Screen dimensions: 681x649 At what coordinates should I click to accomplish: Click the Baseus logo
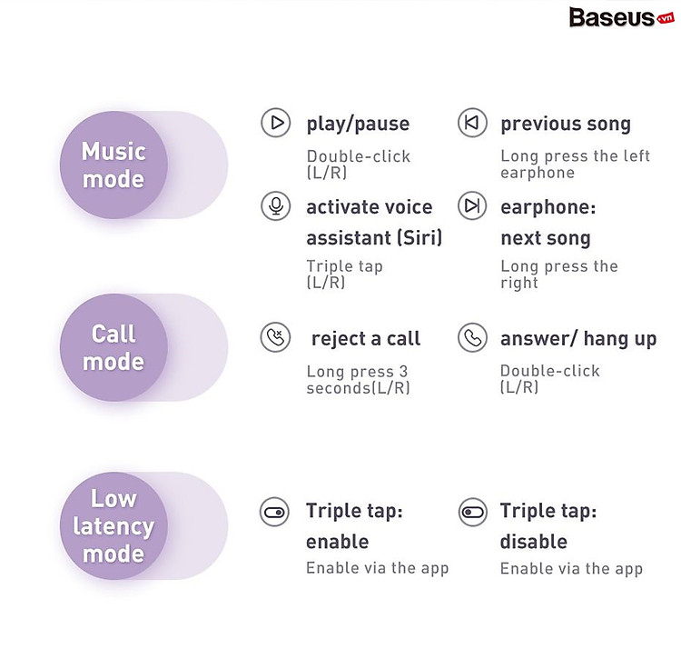[621, 18]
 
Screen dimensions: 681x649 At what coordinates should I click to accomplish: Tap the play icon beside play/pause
[276, 123]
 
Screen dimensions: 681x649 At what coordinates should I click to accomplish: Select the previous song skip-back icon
[472, 123]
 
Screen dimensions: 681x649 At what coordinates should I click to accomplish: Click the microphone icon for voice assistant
[276, 205]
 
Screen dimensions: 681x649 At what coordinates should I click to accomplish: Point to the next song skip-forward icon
[472, 205]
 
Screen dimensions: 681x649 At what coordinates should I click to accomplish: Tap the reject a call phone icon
[275, 337]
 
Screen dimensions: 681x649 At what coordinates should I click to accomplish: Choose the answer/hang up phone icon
[472, 337]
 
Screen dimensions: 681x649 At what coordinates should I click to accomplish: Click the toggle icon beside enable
[274, 512]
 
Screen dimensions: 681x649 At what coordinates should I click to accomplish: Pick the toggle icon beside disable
[473, 512]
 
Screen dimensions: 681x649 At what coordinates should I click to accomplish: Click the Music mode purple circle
[113, 165]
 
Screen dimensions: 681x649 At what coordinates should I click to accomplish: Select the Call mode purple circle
[113, 348]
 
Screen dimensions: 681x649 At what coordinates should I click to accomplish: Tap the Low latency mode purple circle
[113, 526]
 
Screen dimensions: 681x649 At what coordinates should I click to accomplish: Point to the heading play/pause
[358, 124]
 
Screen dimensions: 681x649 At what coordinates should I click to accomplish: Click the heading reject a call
[366, 339]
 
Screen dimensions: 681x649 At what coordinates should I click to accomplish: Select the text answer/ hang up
[578, 339]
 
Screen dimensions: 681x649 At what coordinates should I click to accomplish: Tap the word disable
[534, 542]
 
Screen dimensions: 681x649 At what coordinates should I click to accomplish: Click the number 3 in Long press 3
[403, 372]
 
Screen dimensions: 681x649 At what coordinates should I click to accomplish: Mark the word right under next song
[519, 283]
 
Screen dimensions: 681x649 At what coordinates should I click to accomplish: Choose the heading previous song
[566, 124]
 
